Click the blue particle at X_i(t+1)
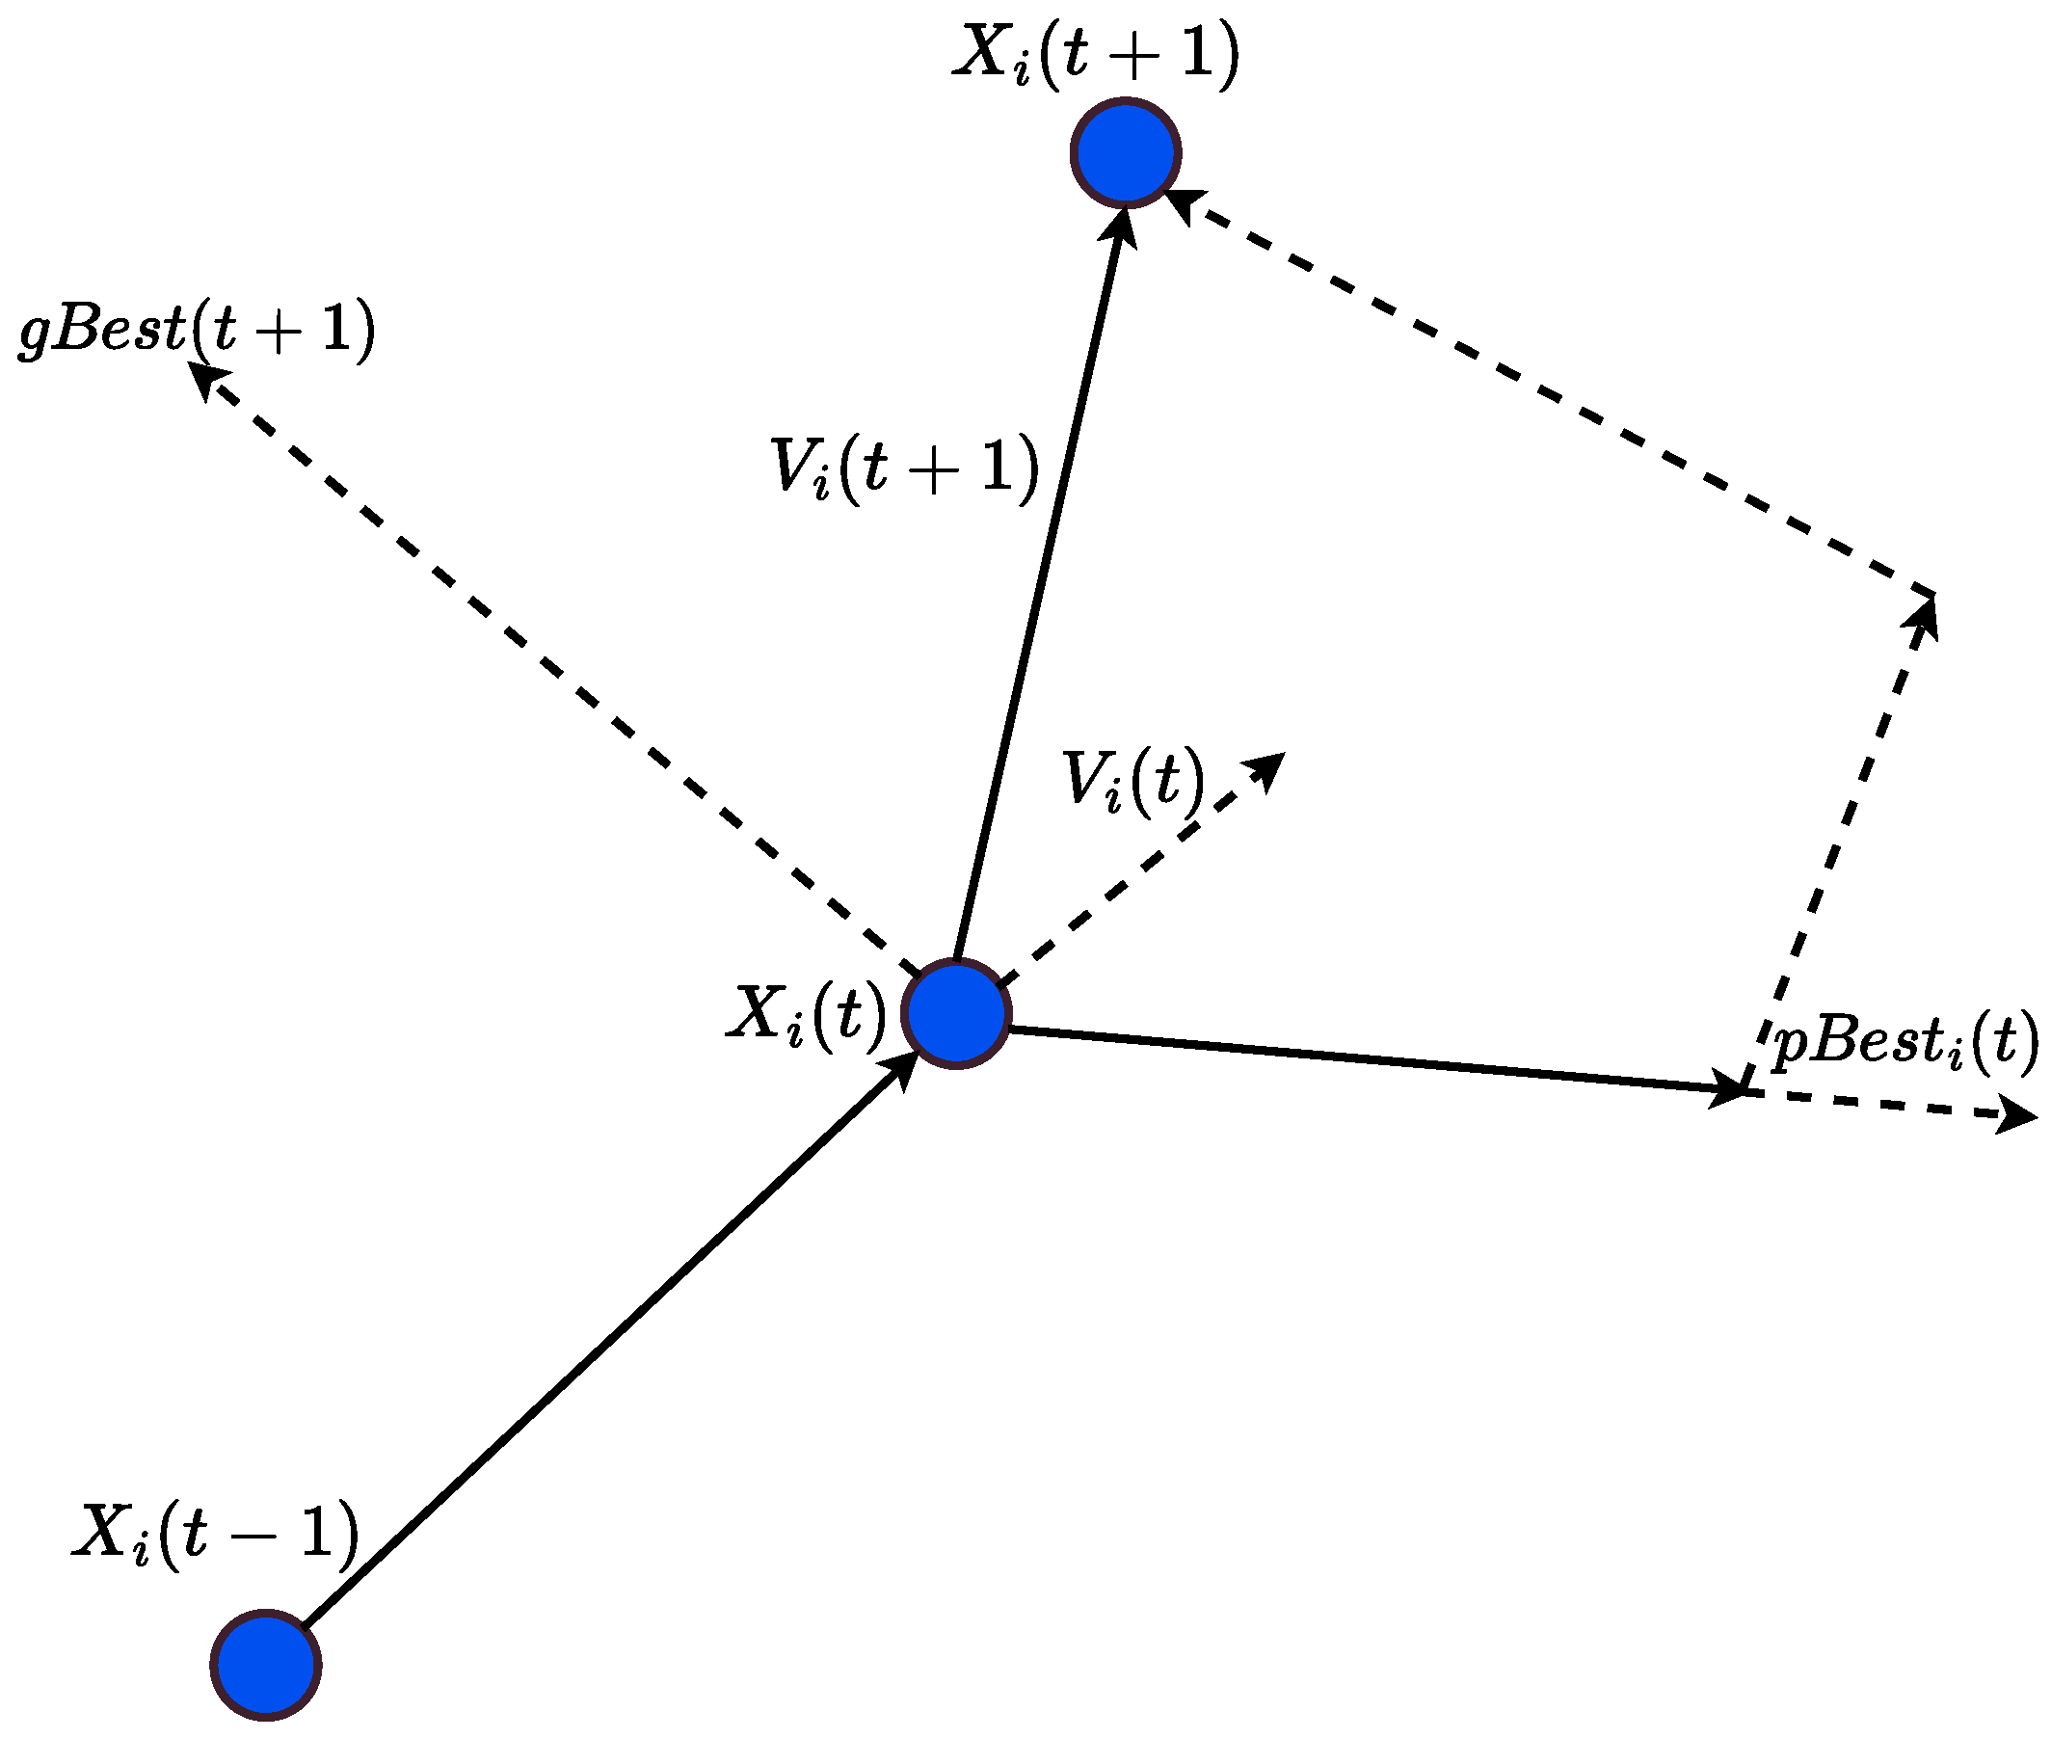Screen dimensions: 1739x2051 pyautogui.click(x=1125, y=153)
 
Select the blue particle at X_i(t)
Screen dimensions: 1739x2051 pyautogui.click(x=955, y=1012)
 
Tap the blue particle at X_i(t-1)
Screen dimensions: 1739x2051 pyautogui.click(x=265, y=1665)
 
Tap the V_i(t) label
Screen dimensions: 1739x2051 pyautogui.click(x=1132, y=780)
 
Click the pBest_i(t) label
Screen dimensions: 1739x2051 pyautogui.click(x=1904, y=1041)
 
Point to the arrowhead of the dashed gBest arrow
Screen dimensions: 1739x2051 pyautogui.click(x=204, y=378)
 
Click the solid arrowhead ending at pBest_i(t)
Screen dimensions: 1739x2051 pyautogui.click(x=1728, y=1089)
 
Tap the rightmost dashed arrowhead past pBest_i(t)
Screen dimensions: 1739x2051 pyautogui.click(x=2018, y=1117)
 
